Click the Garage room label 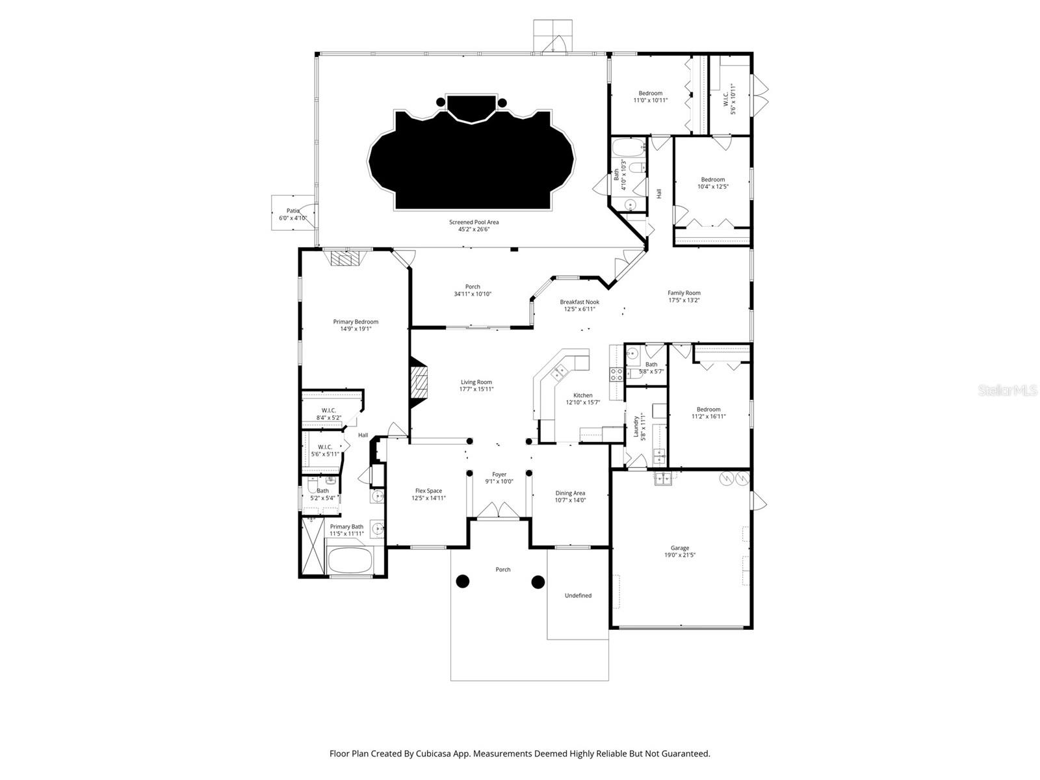click(680, 548)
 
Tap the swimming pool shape click(471, 162)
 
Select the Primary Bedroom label click(356, 322)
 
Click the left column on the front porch click(462, 582)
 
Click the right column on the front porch click(538, 582)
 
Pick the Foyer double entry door click(499, 510)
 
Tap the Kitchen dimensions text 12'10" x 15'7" click(582, 402)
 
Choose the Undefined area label click(578, 595)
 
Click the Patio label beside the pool click(293, 211)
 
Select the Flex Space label click(428, 491)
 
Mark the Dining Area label click(570, 493)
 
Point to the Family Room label click(684, 292)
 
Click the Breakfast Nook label click(579, 302)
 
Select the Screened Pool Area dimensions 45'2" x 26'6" click(474, 229)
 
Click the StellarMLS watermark click(1007, 391)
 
